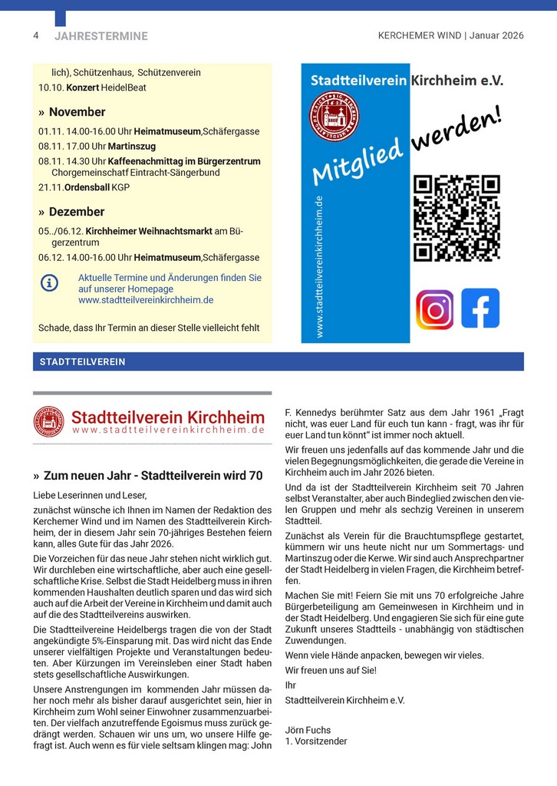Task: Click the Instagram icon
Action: coord(434,309)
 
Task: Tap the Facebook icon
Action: coord(480,308)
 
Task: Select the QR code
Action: coord(456,218)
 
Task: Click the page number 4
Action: coord(36,35)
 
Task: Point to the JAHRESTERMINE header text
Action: coord(101,36)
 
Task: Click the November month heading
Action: coord(77,112)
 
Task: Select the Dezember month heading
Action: coord(76,212)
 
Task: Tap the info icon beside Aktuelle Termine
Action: coord(49,282)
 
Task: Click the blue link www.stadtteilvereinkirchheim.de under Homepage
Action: coord(146,300)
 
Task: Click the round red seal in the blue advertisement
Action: coord(335,115)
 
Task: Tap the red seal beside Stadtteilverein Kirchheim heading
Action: coord(49,421)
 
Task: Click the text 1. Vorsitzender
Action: coord(315,741)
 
